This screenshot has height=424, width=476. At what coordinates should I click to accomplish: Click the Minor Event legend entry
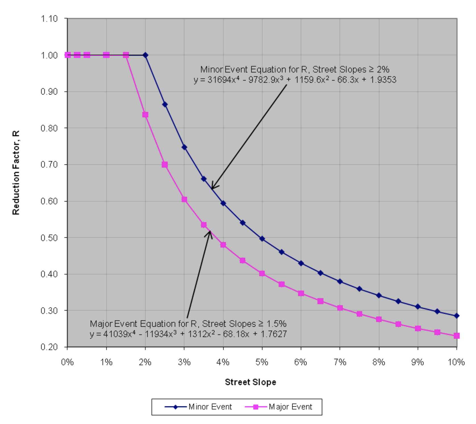210,407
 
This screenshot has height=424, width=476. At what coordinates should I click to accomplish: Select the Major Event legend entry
290,407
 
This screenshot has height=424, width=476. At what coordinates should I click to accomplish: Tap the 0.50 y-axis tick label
49,238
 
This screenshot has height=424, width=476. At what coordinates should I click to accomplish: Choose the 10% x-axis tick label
456,362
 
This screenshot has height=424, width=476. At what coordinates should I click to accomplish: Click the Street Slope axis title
250,382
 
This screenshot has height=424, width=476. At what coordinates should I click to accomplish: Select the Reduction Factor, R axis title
16,172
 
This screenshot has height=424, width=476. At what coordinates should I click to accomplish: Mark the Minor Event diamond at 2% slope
145,55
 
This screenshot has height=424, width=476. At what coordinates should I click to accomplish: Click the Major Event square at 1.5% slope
126,55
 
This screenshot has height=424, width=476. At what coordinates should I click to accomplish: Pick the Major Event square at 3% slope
184,199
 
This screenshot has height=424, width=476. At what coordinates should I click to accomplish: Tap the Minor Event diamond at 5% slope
262,239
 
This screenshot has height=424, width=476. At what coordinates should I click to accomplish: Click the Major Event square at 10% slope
457,336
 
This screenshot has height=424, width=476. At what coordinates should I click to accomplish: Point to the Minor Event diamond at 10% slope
457,316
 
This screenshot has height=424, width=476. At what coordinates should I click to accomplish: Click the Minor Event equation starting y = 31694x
295,80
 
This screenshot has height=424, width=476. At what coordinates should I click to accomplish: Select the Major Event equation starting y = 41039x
188,334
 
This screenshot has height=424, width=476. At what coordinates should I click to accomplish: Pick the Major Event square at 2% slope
145,115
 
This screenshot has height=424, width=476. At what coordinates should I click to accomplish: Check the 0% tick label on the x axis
67,362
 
